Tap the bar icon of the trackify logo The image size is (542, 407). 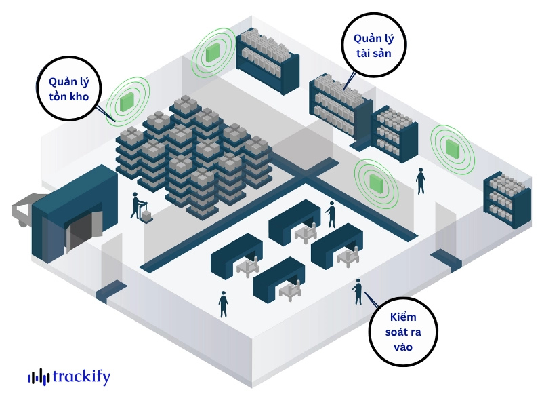[39, 377]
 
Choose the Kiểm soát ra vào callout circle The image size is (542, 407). [402, 332]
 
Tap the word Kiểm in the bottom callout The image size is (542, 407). [402, 317]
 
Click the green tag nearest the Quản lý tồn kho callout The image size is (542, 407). [127, 102]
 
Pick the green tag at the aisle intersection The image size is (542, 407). [375, 182]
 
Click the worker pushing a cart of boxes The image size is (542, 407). [135, 205]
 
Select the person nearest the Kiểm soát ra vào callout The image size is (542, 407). [358, 292]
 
